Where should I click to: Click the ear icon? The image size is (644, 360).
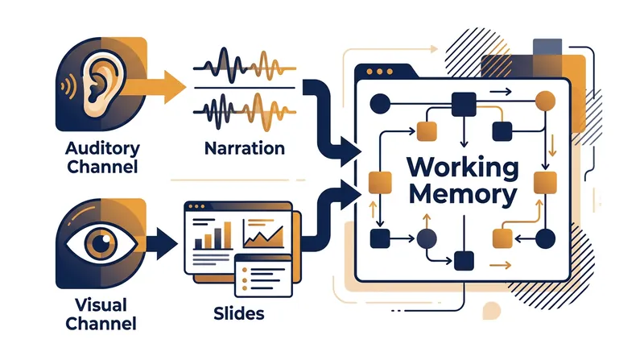tap(100, 84)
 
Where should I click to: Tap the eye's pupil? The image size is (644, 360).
tap(101, 243)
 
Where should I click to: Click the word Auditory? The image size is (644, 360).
tap(102, 149)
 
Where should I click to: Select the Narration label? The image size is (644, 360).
tap(245, 148)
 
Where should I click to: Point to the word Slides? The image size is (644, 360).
tap(238, 313)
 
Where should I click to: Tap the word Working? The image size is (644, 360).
tap(463, 168)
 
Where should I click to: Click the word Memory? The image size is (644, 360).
tap(463, 194)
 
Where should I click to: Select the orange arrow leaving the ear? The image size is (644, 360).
tap(154, 87)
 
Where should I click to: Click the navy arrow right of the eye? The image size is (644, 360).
tap(162, 244)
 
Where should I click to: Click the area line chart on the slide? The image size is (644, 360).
tap(263, 236)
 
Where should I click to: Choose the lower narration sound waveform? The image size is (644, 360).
tap(245, 111)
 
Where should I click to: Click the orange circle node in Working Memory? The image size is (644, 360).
tap(546, 101)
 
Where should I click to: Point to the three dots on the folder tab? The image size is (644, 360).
tap(379, 72)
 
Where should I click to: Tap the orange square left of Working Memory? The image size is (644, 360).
tap(380, 183)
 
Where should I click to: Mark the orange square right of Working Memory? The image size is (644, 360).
tap(545, 183)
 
